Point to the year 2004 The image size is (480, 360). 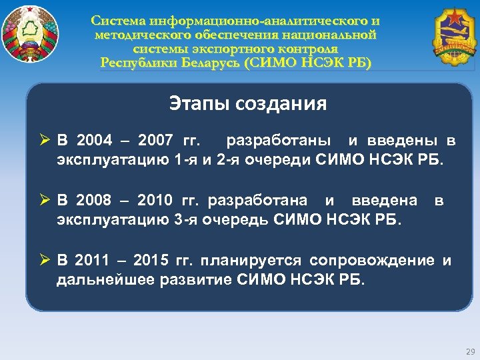94,141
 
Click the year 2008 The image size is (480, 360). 94,200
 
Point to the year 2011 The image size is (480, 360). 93,260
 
